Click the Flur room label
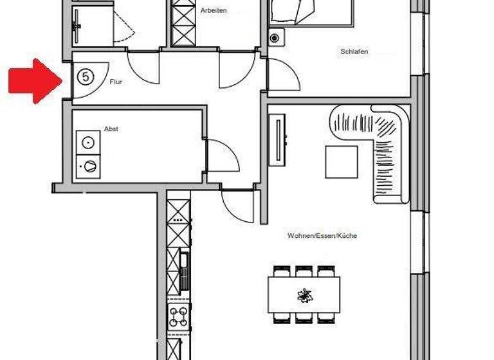click(116, 82)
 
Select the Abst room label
click(111, 129)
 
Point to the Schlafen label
click(354, 52)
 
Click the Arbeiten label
click(214, 10)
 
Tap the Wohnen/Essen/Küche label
click(322, 236)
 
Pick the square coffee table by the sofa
click(341, 162)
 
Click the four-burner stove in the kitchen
click(178, 316)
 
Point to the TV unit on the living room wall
click(278, 140)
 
